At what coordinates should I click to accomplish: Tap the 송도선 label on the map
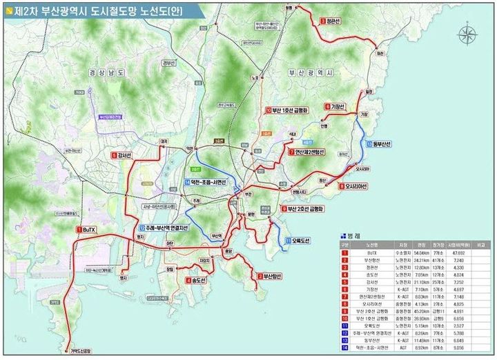coord(195,281)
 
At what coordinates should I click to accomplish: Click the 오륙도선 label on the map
coord(300,241)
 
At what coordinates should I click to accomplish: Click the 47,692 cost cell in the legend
coord(458,253)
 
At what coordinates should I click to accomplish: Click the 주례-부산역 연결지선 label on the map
coord(170,228)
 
